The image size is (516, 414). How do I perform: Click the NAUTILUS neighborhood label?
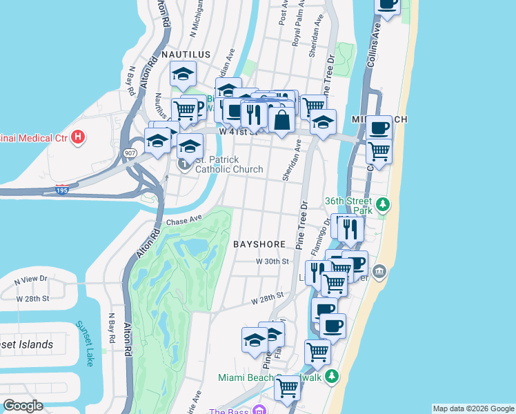184,53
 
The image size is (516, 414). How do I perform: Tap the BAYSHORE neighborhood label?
259,244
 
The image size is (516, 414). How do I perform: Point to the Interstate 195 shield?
62,189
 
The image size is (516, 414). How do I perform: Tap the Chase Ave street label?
183,221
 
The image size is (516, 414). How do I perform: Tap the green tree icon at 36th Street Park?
381,206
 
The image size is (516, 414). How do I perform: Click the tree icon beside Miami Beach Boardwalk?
332,377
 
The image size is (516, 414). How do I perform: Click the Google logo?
23,406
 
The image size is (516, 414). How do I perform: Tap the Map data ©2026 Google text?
473,408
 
